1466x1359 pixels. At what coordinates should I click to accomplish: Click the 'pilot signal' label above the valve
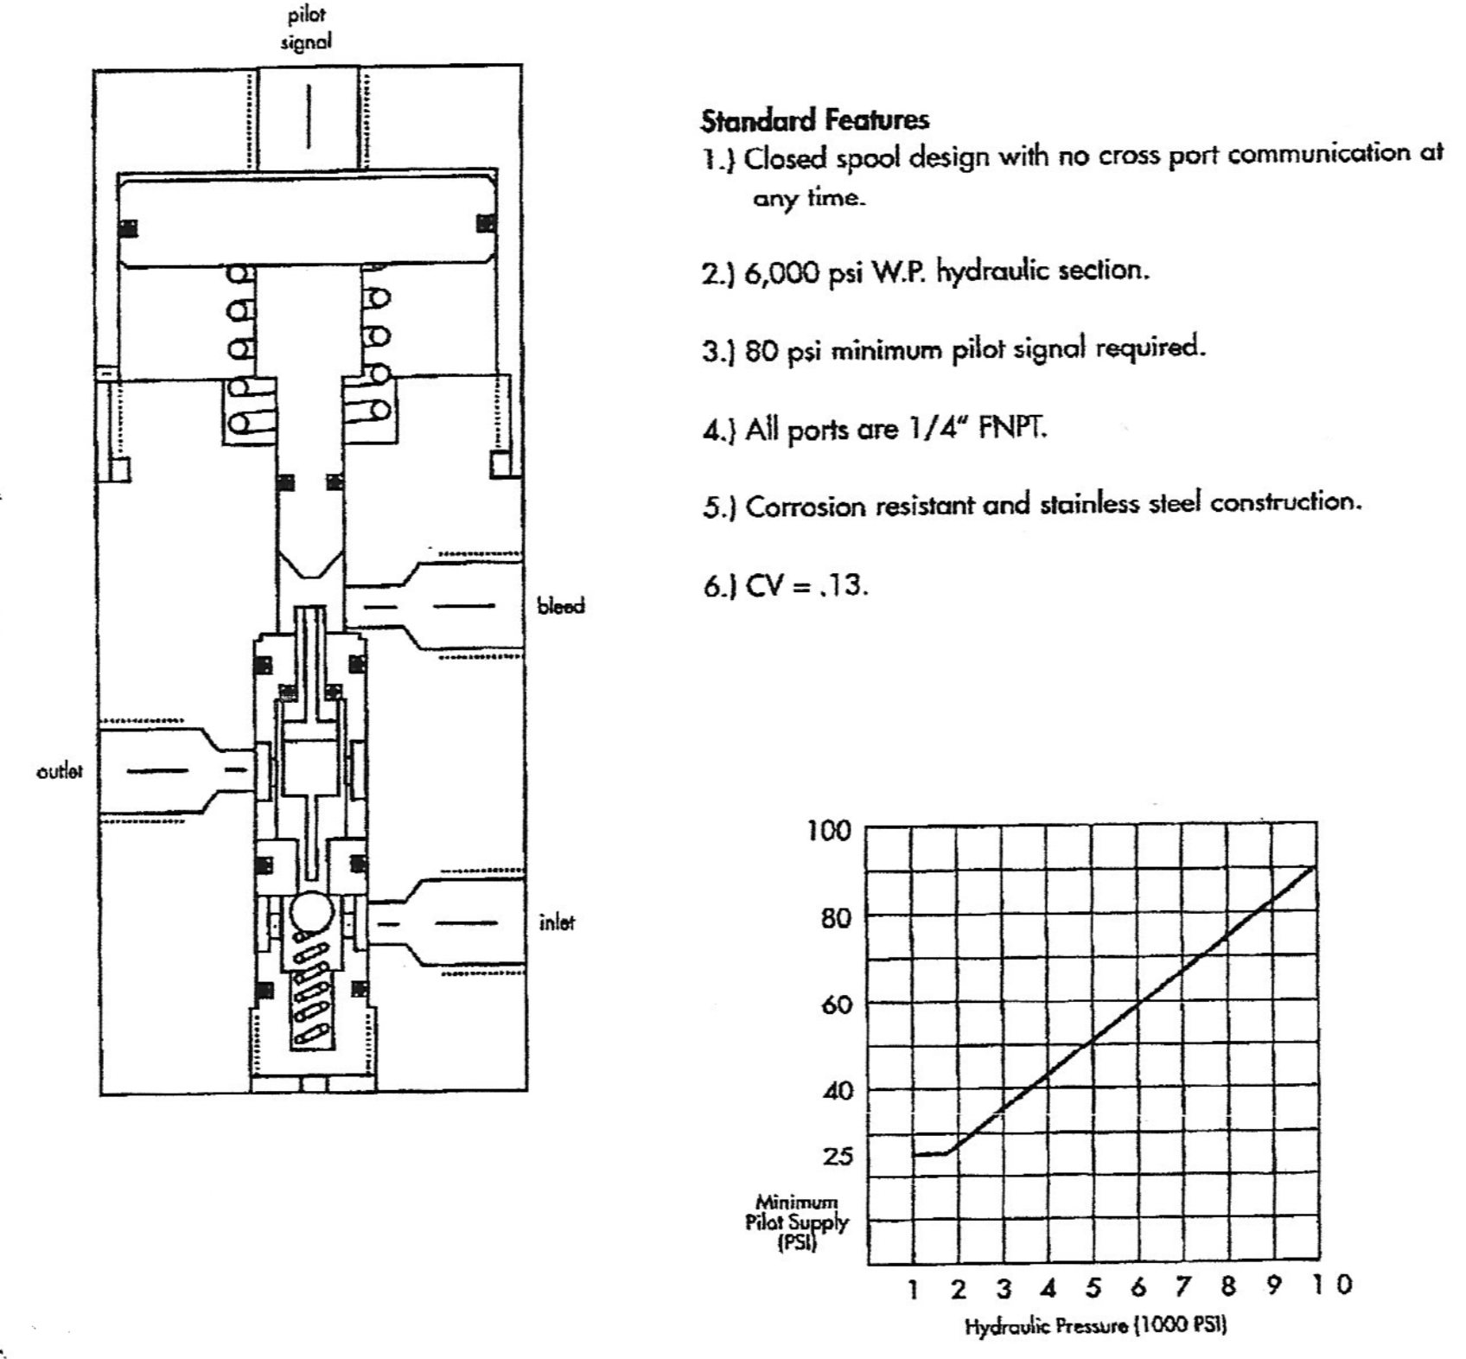point(306,28)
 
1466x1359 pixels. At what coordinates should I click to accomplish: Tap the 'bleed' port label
point(561,606)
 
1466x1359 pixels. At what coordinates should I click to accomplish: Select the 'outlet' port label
point(60,771)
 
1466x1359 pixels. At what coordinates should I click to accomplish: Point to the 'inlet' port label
point(557,922)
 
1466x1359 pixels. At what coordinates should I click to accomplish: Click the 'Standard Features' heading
point(815,119)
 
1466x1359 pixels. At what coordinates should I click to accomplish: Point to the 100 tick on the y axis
point(829,831)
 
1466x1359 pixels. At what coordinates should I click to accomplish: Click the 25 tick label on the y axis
point(837,1156)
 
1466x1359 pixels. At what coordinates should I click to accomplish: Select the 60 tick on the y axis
point(837,1005)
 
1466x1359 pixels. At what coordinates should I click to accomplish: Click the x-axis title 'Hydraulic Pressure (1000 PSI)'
point(1096,1326)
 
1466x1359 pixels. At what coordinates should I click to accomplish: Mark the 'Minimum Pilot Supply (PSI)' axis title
point(796,1222)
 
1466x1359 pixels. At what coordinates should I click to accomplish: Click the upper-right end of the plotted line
point(1316,865)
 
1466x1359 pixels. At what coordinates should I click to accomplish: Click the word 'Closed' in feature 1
point(785,160)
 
